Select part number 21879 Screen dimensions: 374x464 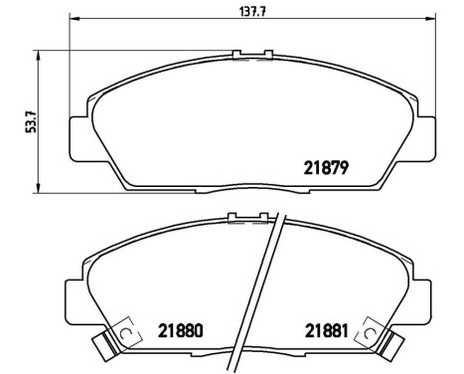324,168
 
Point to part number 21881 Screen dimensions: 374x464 324,330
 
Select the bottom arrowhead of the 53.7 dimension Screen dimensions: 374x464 37,188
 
